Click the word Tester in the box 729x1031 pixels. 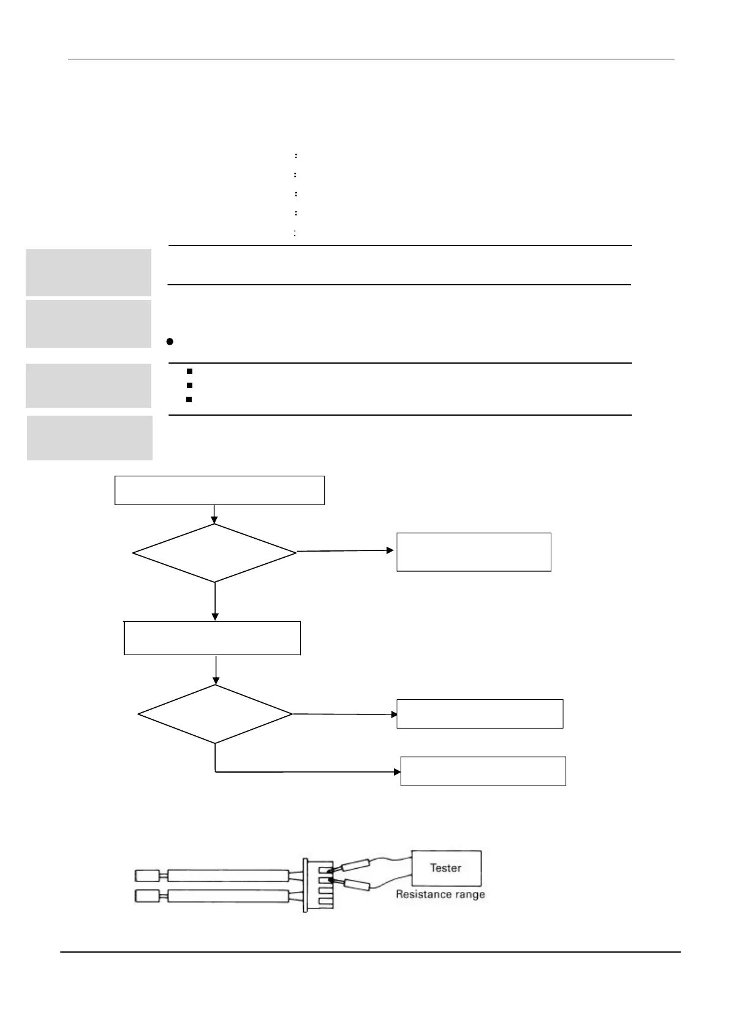[x=445, y=868]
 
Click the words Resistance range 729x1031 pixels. [x=440, y=894]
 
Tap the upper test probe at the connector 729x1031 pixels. [x=355, y=866]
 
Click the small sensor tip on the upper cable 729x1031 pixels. [x=146, y=875]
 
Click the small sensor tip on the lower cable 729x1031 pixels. [x=146, y=896]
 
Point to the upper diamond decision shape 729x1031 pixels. [x=214, y=553]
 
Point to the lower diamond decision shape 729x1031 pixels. [x=215, y=714]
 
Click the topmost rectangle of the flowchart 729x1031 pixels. [x=219, y=490]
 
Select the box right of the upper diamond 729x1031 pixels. [x=474, y=552]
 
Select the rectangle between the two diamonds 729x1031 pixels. [x=212, y=638]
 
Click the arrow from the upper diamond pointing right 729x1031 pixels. [x=346, y=551]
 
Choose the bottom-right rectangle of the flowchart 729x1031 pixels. [x=483, y=771]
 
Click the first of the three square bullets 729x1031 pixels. [x=189, y=371]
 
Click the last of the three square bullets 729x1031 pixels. [x=189, y=399]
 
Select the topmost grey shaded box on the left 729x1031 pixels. [x=88, y=272]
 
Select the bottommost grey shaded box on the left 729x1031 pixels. [x=89, y=438]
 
